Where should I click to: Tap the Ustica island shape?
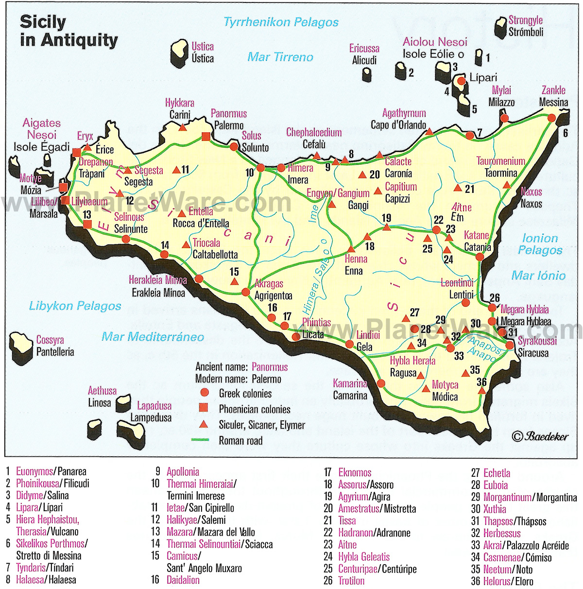coord(179,52)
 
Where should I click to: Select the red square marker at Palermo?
coord(206,137)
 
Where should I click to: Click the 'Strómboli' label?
coord(526,33)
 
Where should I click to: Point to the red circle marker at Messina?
coord(551,118)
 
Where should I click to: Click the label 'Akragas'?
coord(269,284)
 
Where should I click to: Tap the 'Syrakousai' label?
coord(537,341)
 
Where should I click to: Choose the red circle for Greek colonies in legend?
coord(205,393)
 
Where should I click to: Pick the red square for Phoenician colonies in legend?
coord(204,408)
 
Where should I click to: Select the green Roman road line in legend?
coord(200,440)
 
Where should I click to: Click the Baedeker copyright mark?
coord(540,436)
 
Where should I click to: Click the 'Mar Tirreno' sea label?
coord(280,57)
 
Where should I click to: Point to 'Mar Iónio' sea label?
coord(538,276)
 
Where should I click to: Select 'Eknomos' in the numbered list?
coord(355,472)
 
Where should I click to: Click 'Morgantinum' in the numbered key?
coord(507,497)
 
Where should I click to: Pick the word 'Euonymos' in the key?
coord(34,471)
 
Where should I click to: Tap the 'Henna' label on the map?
coord(356,259)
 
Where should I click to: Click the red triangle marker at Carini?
coord(183,127)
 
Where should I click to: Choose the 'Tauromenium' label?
coord(500,161)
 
